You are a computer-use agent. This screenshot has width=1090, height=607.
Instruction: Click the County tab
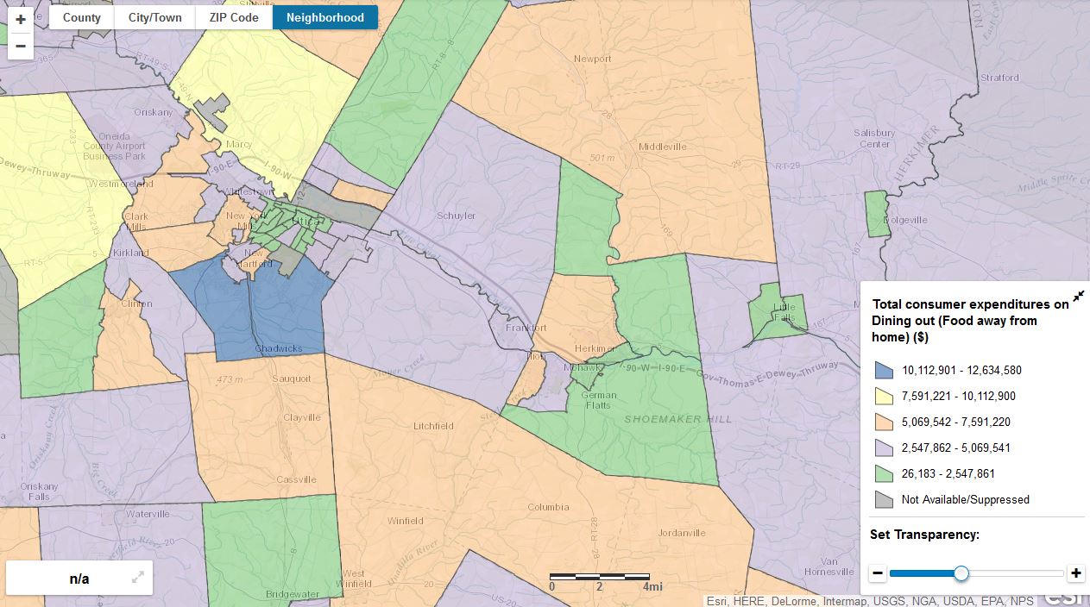coord(81,17)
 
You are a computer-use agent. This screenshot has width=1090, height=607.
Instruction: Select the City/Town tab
coord(154,17)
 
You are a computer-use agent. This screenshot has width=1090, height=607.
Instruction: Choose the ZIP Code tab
coord(234,17)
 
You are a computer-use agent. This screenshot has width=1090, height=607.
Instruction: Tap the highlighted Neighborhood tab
coord(324,17)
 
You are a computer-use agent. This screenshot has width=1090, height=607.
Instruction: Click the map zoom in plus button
coord(21,19)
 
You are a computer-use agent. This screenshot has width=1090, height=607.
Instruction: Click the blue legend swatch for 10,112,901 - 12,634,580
coord(884,370)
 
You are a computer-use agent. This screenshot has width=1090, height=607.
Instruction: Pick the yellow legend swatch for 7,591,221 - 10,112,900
coord(884,396)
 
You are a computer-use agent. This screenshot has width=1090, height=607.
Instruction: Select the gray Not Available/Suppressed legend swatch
coord(884,499)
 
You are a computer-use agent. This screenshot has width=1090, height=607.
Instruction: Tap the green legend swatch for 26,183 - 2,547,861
coord(884,473)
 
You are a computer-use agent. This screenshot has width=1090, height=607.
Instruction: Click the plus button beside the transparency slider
coord(1075,573)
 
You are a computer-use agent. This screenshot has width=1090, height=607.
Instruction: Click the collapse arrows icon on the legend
coord(1078,297)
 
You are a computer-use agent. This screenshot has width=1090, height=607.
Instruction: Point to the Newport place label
coord(593,59)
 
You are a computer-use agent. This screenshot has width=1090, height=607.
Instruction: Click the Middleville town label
coord(662,147)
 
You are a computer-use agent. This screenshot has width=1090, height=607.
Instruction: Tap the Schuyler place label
coord(456,216)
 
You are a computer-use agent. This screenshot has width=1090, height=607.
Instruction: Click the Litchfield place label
coord(433,426)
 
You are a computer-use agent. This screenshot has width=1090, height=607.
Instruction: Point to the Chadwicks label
coord(278,349)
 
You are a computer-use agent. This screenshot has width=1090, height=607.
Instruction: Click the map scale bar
coord(600,575)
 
